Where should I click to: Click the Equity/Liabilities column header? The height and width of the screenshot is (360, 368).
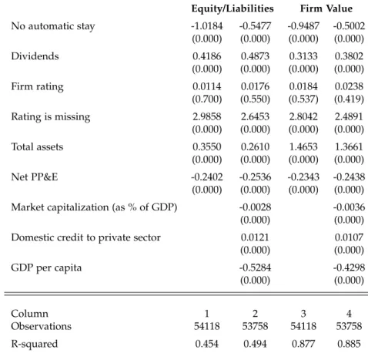pyautogui.click(x=233, y=8)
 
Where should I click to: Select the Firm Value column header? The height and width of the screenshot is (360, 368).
pyautogui.click(x=326, y=8)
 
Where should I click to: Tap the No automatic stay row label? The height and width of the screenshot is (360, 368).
pyautogui.click(x=53, y=26)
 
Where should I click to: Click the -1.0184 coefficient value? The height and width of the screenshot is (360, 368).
pyautogui.click(x=207, y=26)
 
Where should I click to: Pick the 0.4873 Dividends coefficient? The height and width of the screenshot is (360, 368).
pyautogui.click(x=255, y=56)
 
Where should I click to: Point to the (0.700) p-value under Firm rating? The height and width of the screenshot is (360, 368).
pyautogui.click(x=207, y=99)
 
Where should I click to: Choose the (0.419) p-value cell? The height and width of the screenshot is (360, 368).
pyautogui.click(x=349, y=99)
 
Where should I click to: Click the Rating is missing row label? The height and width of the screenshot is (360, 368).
pyautogui.click(x=51, y=117)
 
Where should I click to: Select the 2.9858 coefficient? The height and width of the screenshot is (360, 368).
pyautogui.click(x=207, y=116)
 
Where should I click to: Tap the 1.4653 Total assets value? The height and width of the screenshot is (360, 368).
pyautogui.click(x=303, y=146)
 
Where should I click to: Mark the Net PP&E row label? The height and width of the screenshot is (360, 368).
pyautogui.click(x=35, y=177)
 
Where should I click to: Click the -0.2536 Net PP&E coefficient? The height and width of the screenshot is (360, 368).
pyautogui.click(x=255, y=177)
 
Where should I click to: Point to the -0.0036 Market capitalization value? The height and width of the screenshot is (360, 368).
pyautogui.click(x=349, y=207)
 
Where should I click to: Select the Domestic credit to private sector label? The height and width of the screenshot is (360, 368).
pyautogui.click(x=85, y=237)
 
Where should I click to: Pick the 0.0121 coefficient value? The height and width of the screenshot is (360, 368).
pyautogui.click(x=255, y=237)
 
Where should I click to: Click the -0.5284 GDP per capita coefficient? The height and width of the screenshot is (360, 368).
pyautogui.click(x=255, y=267)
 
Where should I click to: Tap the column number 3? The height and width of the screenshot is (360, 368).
pyautogui.click(x=303, y=314)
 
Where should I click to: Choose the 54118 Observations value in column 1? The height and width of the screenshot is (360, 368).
pyautogui.click(x=207, y=326)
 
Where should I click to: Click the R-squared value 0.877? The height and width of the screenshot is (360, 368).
pyautogui.click(x=303, y=344)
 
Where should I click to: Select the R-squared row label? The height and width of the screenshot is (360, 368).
pyautogui.click(x=35, y=344)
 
